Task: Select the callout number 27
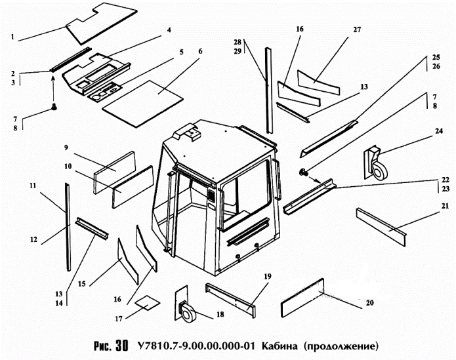[358, 30]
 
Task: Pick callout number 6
[200, 51]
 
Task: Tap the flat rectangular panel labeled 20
[302, 294]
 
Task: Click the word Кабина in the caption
[281, 345]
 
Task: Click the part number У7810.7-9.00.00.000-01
[196, 345]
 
